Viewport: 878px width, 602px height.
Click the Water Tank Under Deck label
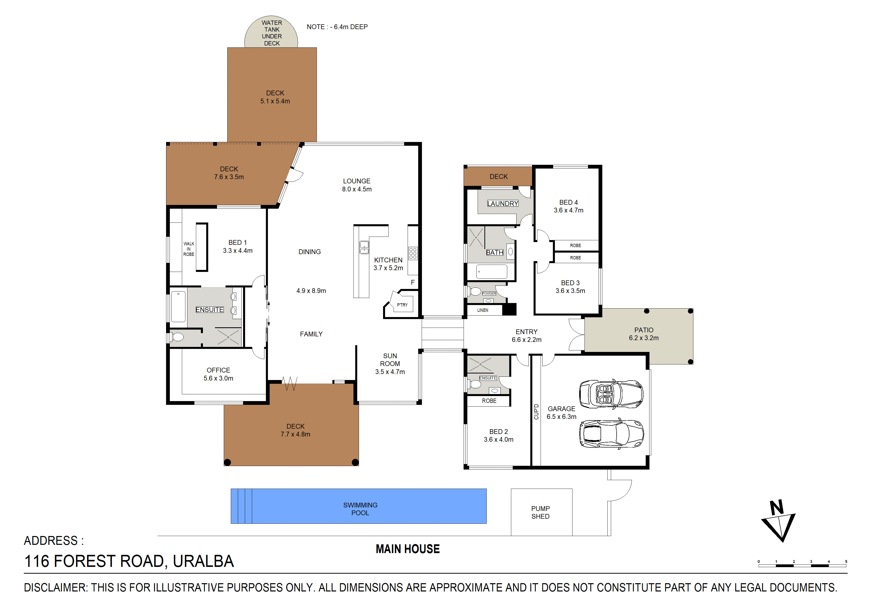coord(272,33)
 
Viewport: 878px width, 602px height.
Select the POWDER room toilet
coord(475,291)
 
